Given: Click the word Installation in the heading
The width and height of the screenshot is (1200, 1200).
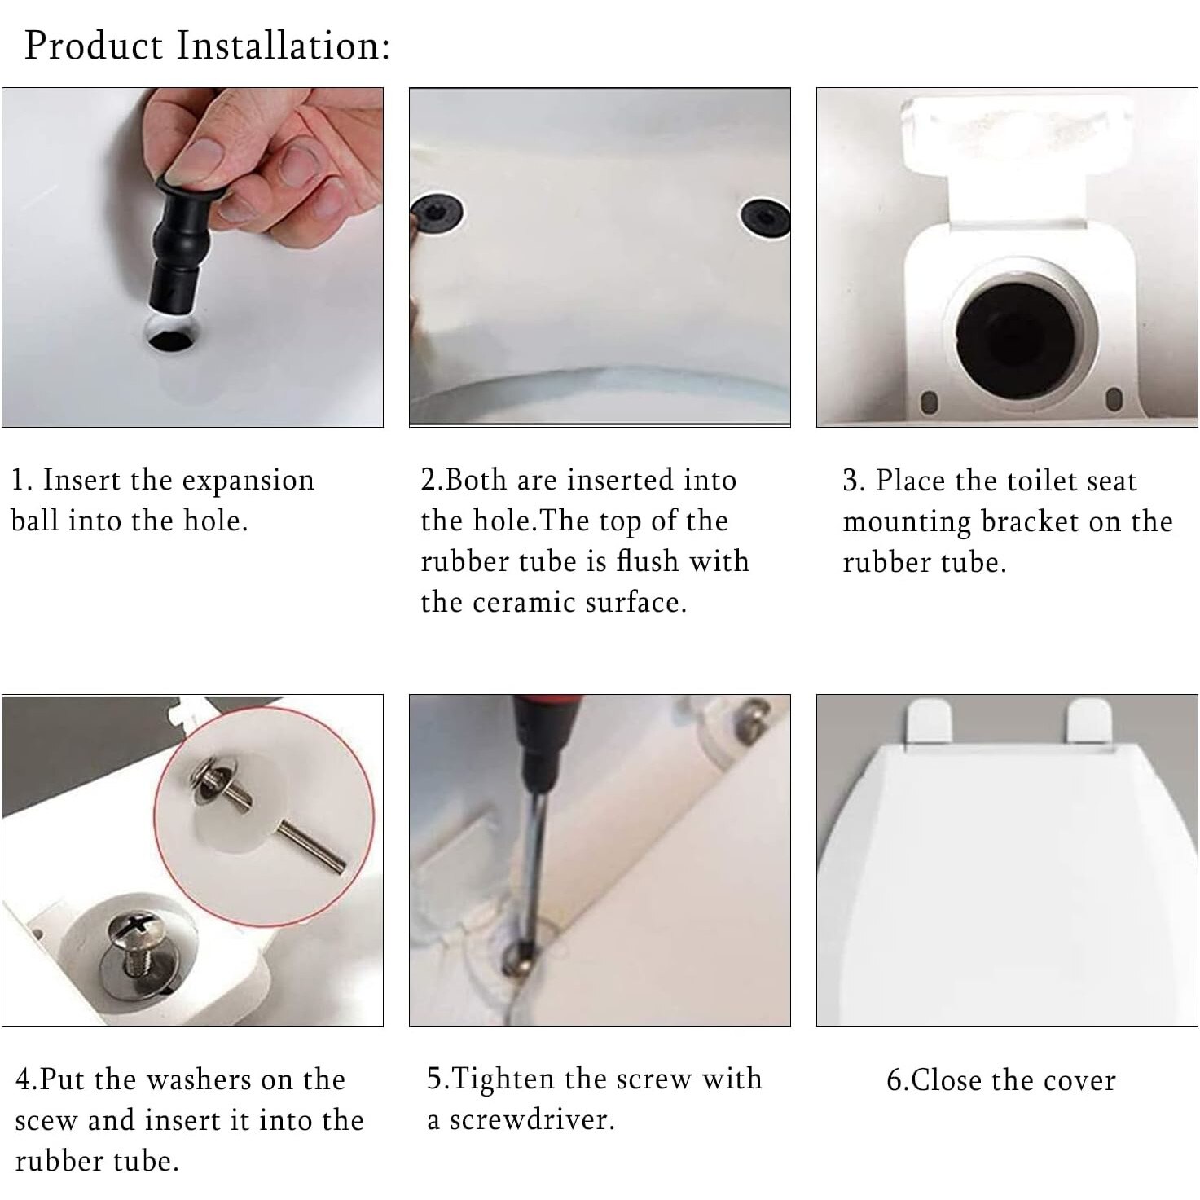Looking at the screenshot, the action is (x=284, y=46).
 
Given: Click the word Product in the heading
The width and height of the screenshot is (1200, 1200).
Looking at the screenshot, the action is (x=94, y=46).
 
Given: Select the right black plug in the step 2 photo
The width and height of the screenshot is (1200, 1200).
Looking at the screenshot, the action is (x=765, y=218).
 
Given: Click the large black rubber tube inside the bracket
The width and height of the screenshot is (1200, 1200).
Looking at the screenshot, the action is (x=1015, y=333).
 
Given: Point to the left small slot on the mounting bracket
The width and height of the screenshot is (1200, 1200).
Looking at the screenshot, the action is (x=929, y=402).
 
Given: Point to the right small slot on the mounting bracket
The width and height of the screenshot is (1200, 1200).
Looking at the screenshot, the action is (x=1114, y=399).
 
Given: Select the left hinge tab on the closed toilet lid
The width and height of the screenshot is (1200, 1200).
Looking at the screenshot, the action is (x=929, y=720).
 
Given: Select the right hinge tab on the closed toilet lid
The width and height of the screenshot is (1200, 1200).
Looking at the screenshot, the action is (x=1090, y=720).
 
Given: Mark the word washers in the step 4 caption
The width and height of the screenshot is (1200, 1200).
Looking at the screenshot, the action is (x=199, y=1079).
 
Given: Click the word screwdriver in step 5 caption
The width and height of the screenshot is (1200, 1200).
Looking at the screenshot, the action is (x=533, y=1120).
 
